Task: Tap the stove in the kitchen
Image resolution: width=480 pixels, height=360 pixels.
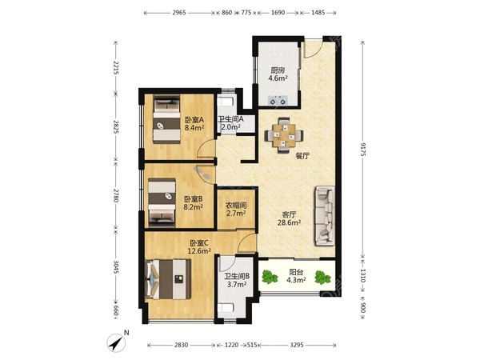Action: pyautogui.click(x=278, y=101)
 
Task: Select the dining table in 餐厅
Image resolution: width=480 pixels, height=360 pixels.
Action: pyautogui.click(x=284, y=135)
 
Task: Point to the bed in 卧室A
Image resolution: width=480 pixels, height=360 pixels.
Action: pyautogui.click(x=166, y=119)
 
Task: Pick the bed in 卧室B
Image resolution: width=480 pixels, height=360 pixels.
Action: pyautogui.click(x=162, y=202)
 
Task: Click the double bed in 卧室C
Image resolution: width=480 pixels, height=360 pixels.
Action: pyautogui.click(x=168, y=279)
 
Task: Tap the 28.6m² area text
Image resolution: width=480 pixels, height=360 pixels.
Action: pyautogui.click(x=289, y=222)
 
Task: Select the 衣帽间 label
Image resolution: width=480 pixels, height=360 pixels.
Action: pyautogui.click(x=236, y=205)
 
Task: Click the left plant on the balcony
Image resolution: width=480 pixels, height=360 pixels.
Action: pyautogui.click(x=270, y=277)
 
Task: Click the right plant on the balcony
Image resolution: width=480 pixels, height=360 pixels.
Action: pyautogui.click(x=323, y=278)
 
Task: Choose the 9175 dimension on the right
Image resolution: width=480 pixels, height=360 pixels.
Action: pyautogui.click(x=363, y=150)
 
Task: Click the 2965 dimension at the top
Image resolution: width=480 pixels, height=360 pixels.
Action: pyautogui.click(x=179, y=13)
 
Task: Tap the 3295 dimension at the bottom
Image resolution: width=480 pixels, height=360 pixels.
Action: pyautogui.click(x=297, y=345)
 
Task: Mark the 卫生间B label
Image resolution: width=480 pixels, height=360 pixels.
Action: pyautogui.click(x=237, y=277)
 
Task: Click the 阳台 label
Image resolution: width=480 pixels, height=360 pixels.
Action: pyautogui.click(x=296, y=272)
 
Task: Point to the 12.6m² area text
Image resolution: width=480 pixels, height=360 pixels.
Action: pyautogui.click(x=199, y=251)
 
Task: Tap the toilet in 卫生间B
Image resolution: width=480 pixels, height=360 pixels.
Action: pyautogui.click(x=226, y=308)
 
